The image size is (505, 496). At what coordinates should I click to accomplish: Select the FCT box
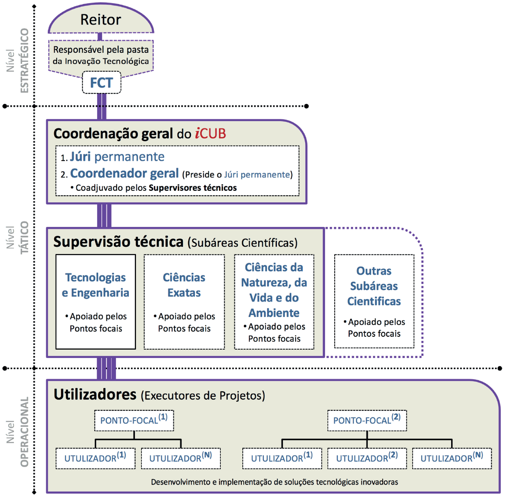[x=101, y=83]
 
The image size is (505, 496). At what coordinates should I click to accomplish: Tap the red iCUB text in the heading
[x=210, y=133]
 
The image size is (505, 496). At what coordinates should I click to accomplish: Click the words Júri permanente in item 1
[x=117, y=157]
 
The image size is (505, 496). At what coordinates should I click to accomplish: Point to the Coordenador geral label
[x=124, y=174]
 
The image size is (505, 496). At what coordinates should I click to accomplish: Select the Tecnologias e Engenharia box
[x=95, y=301]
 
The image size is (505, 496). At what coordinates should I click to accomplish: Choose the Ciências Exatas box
[x=184, y=301]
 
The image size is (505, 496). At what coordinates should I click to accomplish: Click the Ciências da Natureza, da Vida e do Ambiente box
[x=274, y=301]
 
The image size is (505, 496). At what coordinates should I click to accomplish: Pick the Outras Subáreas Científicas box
[x=374, y=301]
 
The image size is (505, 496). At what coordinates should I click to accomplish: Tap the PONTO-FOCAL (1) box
[x=134, y=420]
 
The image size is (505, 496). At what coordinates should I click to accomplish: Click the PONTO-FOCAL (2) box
[x=367, y=420]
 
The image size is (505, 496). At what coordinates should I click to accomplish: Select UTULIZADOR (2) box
[x=367, y=458]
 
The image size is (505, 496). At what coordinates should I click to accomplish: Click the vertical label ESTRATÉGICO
[x=24, y=61]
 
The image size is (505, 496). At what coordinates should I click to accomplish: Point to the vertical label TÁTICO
[x=24, y=237]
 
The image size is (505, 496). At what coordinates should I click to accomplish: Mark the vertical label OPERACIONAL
[x=24, y=432]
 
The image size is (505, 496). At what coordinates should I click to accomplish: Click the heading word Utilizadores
[x=95, y=395]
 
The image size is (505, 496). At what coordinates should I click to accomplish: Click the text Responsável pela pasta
[x=101, y=50]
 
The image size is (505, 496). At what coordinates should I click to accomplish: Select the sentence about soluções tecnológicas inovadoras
[x=274, y=482]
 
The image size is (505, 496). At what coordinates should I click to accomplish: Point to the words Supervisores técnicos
[x=193, y=188]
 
